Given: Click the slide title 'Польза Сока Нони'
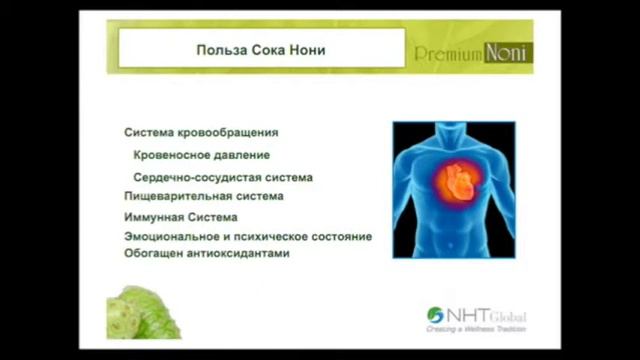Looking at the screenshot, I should click(260, 49).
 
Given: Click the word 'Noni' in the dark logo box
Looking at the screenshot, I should click(507, 52).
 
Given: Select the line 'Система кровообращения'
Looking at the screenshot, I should click(201, 132).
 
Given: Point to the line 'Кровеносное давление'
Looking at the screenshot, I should click(201, 155).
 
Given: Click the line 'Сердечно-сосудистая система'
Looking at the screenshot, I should click(222, 177).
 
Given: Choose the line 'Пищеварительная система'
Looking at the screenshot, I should click(203, 196).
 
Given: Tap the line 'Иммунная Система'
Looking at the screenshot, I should click(180, 217).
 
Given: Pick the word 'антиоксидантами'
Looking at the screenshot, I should click(236, 254).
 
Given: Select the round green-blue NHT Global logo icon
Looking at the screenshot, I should click(435, 315).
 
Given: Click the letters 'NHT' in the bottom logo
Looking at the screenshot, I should click(467, 315).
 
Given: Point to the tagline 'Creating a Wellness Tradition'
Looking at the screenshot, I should click(475, 328).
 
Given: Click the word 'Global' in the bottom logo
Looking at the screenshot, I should click(507, 317).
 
